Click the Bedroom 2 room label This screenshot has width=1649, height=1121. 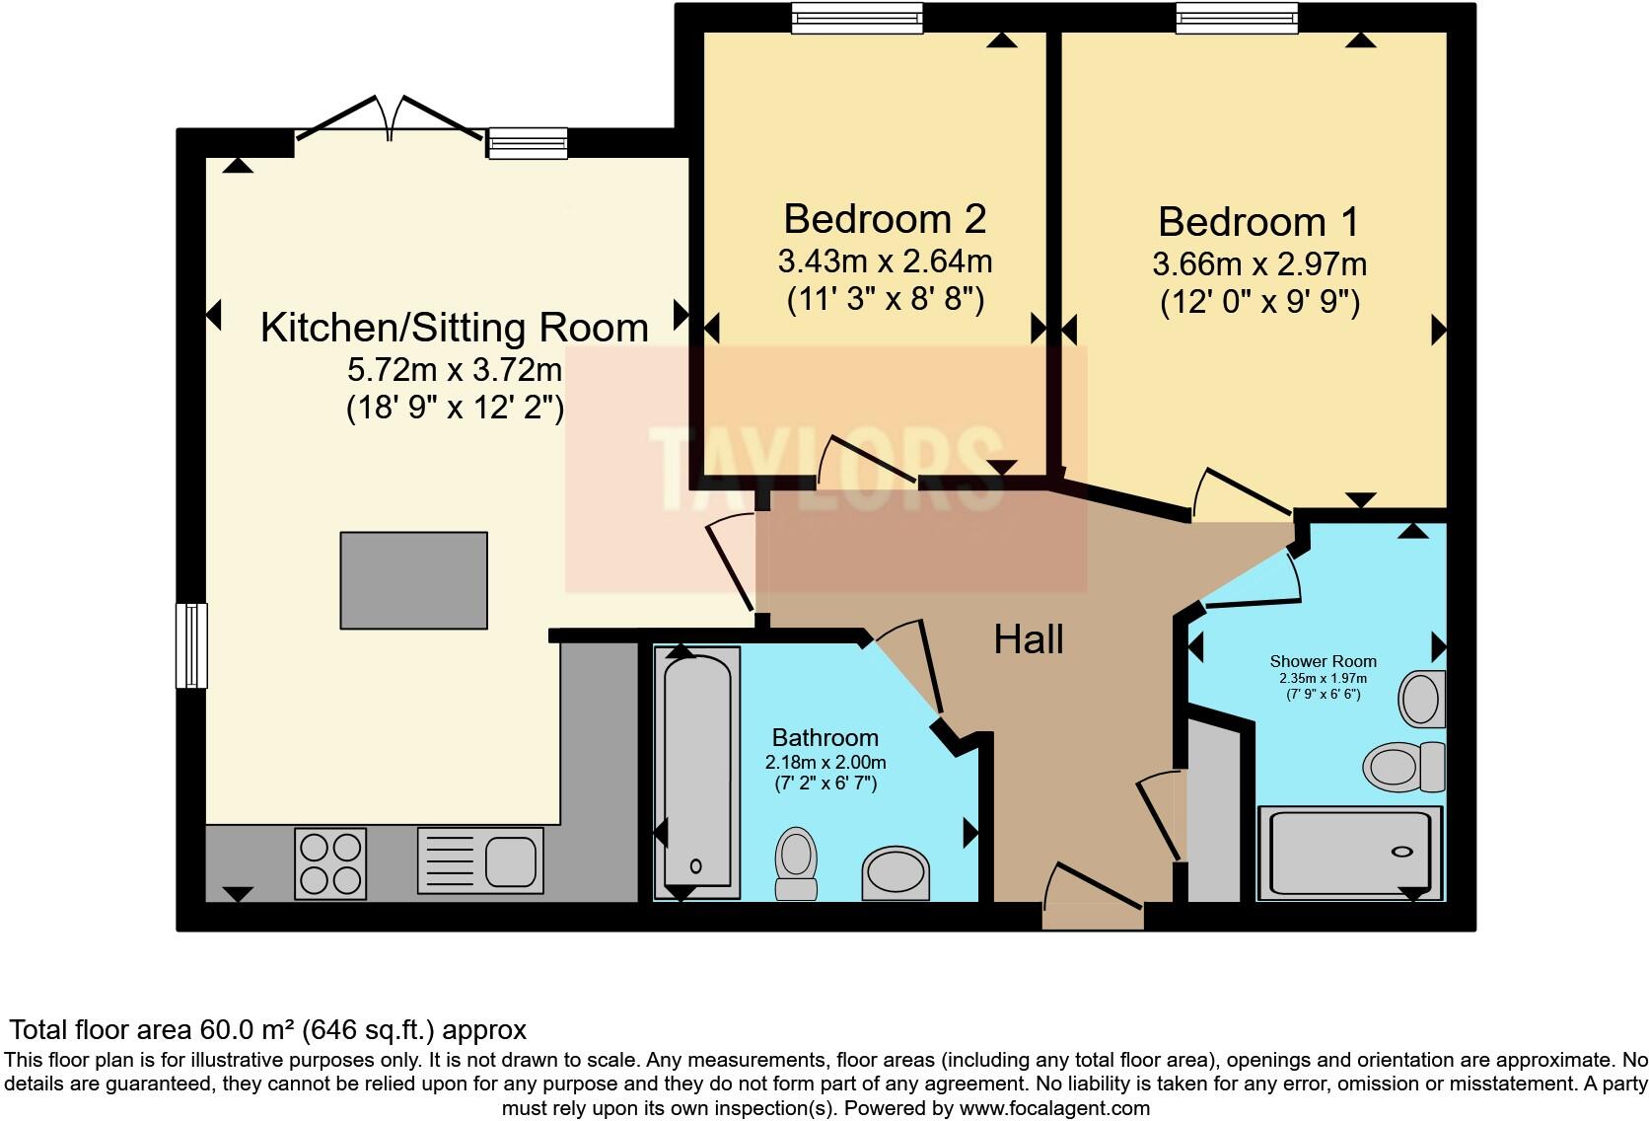point(885,219)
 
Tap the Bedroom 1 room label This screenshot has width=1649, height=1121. point(1258,222)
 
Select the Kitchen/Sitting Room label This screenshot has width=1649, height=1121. point(455,328)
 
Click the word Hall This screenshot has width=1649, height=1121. point(1029,639)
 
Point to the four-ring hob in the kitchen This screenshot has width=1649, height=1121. point(330,863)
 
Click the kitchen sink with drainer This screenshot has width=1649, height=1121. point(480,860)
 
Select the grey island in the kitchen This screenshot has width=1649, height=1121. point(413,580)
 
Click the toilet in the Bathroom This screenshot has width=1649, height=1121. point(797,863)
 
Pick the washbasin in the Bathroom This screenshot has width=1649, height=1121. point(896,873)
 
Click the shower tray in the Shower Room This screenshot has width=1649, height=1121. point(1350,853)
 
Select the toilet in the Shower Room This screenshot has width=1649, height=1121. point(1403,767)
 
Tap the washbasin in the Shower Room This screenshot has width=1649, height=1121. point(1421,699)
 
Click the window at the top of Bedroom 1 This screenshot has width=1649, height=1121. point(1237,18)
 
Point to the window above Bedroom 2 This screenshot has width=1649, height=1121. point(857,18)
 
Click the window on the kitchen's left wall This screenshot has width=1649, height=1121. point(191,646)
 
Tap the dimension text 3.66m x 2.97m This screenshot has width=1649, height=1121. point(1259,264)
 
